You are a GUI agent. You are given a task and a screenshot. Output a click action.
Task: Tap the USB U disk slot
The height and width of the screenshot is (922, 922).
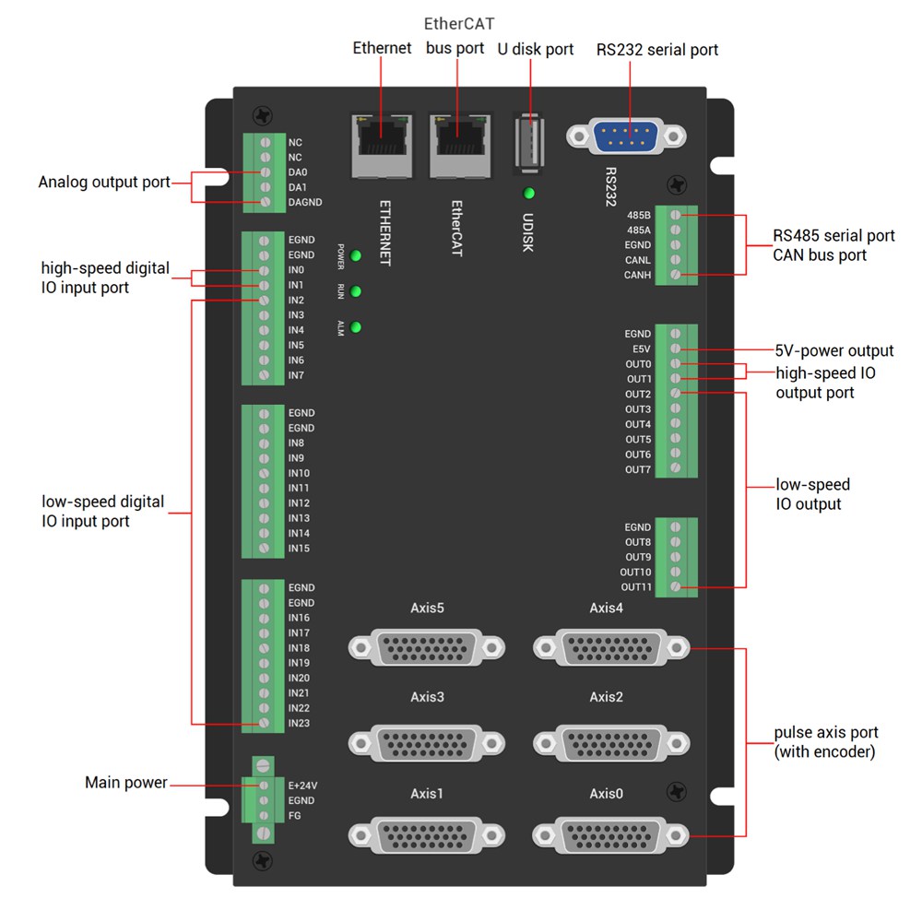528,143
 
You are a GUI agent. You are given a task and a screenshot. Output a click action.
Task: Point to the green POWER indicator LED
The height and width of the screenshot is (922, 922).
355,255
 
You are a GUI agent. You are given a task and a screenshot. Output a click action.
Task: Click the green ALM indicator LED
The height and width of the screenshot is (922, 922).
355,327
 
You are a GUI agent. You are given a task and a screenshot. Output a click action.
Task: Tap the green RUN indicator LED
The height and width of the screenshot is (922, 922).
355,291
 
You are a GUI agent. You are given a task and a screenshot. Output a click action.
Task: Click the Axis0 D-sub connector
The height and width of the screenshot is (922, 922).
611,834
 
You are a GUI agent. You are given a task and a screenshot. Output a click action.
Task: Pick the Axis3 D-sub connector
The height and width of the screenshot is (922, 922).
427,740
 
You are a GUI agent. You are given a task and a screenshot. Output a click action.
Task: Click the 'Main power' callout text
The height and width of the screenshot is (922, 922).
126,783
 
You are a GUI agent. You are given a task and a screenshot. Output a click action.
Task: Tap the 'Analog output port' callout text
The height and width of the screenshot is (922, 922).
104,182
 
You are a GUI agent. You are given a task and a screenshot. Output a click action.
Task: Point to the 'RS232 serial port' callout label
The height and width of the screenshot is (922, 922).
657,50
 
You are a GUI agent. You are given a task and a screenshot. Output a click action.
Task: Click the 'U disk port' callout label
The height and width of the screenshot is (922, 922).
535,49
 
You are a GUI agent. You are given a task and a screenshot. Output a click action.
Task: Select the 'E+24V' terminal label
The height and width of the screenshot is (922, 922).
303,786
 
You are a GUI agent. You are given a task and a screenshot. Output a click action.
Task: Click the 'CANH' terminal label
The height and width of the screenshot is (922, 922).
637,275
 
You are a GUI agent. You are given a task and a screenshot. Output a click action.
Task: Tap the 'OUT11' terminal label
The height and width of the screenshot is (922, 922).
636,587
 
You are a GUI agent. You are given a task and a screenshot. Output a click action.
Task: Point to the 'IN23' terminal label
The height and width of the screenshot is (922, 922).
299,723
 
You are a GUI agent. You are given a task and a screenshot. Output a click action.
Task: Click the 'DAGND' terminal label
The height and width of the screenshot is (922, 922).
305,202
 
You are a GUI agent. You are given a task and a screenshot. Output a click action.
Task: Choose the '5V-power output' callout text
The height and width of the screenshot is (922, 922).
834,350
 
